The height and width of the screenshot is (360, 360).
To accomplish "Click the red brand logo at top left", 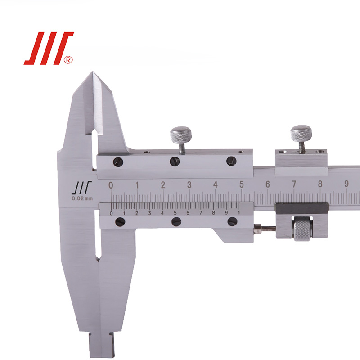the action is pyautogui.click(x=49, y=48).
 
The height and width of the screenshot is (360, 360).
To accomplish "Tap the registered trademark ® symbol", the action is pyautogui.click(x=68, y=60).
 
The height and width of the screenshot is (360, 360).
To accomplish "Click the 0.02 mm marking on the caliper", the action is pyautogui.click(x=82, y=198).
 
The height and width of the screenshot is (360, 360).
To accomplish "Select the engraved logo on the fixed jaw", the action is pyautogui.click(x=81, y=188).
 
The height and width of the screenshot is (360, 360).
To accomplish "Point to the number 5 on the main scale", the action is pyautogui.click(x=241, y=184).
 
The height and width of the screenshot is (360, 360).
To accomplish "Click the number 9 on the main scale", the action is pyautogui.click(x=346, y=184).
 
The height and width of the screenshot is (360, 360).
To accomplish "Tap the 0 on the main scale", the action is pyautogui.click(x=111, y=185).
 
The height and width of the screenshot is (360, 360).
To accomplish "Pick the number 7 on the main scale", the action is pyautogui.click(x=294, y=184).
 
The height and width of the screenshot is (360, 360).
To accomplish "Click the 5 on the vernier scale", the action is pyautogui.click(x=175, y=213).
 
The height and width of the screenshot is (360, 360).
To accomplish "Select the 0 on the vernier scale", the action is pyautogui.click(x=111, y=213).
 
